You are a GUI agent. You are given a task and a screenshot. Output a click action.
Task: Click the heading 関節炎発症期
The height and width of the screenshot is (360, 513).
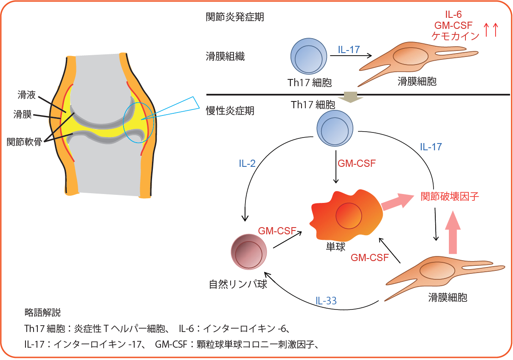235,17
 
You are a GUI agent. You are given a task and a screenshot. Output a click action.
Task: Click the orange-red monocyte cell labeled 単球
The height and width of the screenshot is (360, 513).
346,214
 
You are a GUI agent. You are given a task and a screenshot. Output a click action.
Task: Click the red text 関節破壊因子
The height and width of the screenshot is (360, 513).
449,196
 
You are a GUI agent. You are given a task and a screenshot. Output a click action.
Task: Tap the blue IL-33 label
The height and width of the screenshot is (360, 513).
326,301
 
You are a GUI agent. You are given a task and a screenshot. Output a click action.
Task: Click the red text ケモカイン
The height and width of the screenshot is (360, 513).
455,36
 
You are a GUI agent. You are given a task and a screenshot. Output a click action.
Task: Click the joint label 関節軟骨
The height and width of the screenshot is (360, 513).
24,142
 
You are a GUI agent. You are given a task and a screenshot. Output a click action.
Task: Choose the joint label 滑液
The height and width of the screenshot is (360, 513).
26,95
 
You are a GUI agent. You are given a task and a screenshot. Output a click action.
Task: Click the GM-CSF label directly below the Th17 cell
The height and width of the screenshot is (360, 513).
356,163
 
